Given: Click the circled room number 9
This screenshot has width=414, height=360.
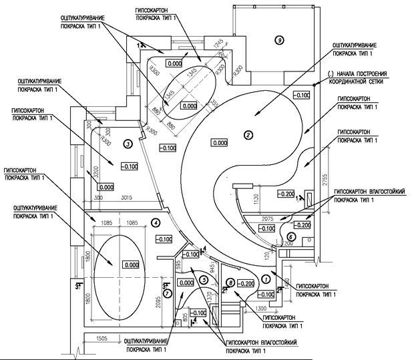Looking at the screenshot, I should click(280, 38).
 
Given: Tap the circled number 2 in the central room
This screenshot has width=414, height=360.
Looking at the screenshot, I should click(248, 136).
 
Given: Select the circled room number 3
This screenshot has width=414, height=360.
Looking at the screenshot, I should click(128, 143).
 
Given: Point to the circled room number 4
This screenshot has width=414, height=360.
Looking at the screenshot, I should click(156, 223).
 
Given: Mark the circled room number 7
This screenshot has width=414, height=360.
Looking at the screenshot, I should click(168, 293).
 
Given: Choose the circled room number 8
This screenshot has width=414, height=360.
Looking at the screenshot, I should click(230, 283).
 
